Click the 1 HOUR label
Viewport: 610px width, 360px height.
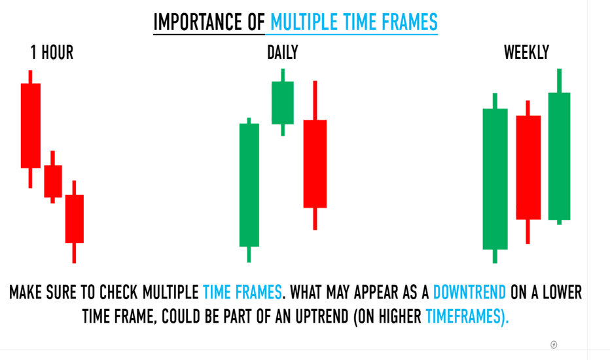[52, 53]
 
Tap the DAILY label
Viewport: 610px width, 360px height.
[283, 52]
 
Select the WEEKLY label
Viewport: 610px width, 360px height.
[526, 52]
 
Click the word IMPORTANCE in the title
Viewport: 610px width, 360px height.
[198, 22]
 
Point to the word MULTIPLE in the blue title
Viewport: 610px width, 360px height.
[304, 22]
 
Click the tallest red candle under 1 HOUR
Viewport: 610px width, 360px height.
[31, 129]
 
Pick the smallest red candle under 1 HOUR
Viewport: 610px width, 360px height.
[53, 177]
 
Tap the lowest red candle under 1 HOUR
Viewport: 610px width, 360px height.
[75, 221]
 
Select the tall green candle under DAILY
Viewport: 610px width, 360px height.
[249, 190]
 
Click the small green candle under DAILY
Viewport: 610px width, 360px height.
[283, 102]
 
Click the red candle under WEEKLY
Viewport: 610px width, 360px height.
[528, 172]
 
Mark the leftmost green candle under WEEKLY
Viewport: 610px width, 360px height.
[495, 178]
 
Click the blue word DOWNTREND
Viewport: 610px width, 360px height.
[469, 293]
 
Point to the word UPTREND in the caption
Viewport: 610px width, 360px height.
[322, 316]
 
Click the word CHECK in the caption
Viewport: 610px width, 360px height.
[118, 293]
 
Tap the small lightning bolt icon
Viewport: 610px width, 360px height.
[554, 345]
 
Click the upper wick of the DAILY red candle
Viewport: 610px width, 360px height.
[315, 100]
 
